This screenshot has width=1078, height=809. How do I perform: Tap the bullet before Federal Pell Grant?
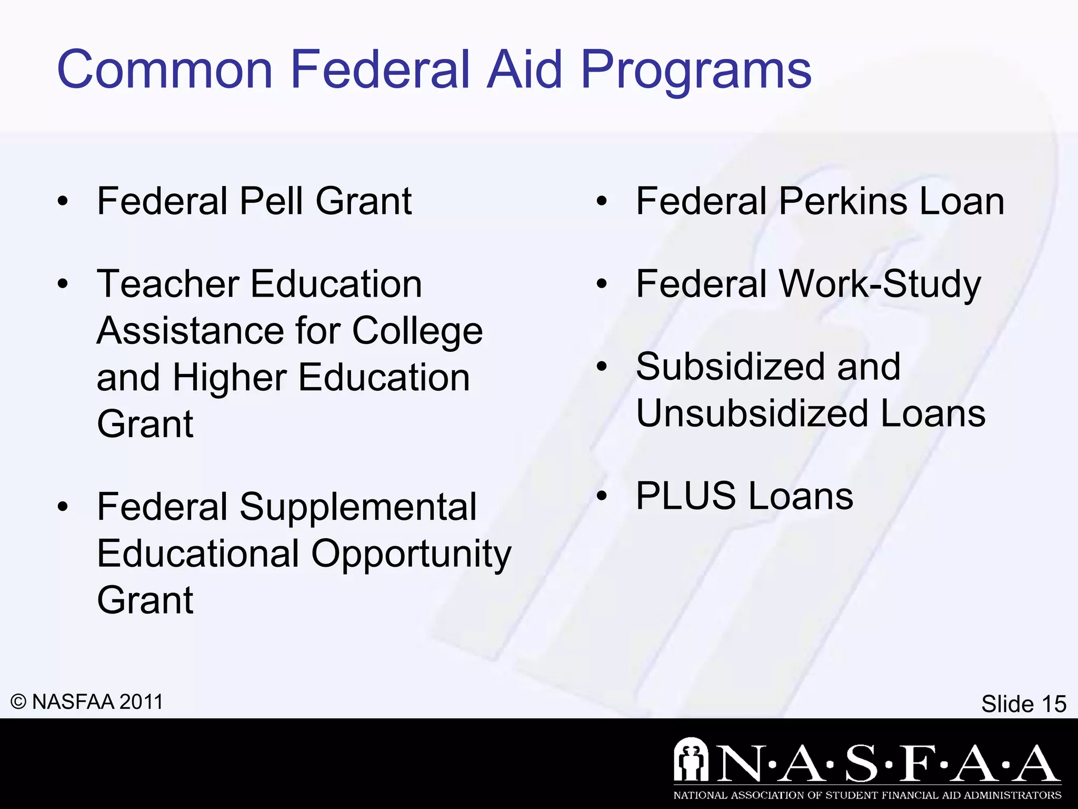63,202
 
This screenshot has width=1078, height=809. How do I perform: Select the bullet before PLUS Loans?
602,496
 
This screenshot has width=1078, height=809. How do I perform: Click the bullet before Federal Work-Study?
602,284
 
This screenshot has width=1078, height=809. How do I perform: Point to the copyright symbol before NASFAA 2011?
18,702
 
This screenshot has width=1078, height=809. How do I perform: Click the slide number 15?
1054,704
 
